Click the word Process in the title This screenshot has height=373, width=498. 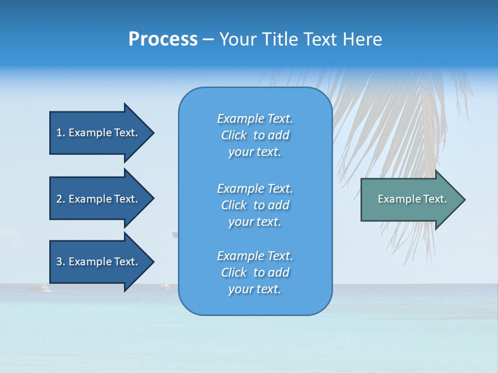(x=163, y=39)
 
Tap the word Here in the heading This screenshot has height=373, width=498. (x=363, y=39)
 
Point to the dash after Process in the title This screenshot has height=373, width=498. (x=208, y=40)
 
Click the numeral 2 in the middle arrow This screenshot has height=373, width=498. (x=59, y=199)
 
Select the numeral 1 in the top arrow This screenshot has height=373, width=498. (x=59, y=133)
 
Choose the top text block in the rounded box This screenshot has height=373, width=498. (x=255, y=135)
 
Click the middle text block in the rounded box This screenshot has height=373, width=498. (x=255, y=205)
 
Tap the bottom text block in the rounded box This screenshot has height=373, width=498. (x=255, y=272)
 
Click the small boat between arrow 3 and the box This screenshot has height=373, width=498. (x=165, y=285)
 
